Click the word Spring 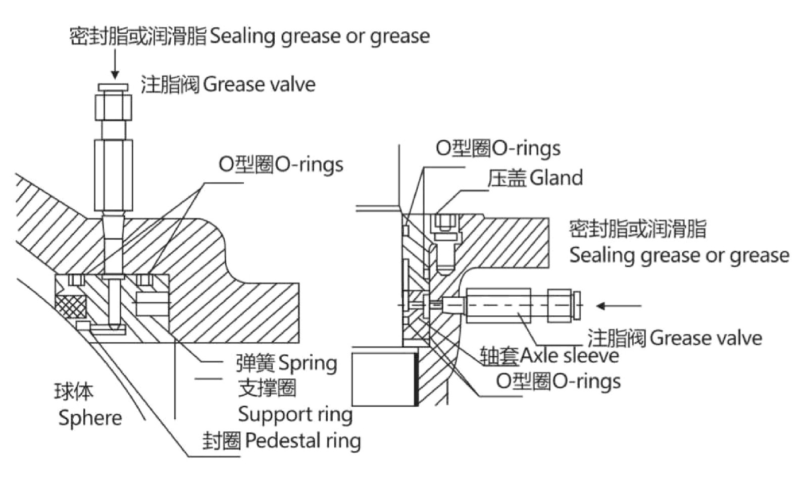(308, 363)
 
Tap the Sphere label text (90, 418)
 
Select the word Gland (557, 178)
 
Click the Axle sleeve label (569, 356)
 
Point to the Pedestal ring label (302, 441)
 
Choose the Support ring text (295, 415)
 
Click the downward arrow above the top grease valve (115, 66)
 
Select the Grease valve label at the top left (259, 84)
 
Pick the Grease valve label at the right (705, 338)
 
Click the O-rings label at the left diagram (281, 164)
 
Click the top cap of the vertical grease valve (114, 87)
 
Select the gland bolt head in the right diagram (446, 222)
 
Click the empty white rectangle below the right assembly (383, 379)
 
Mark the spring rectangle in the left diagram (151, 305)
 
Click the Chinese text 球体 (74, 391)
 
